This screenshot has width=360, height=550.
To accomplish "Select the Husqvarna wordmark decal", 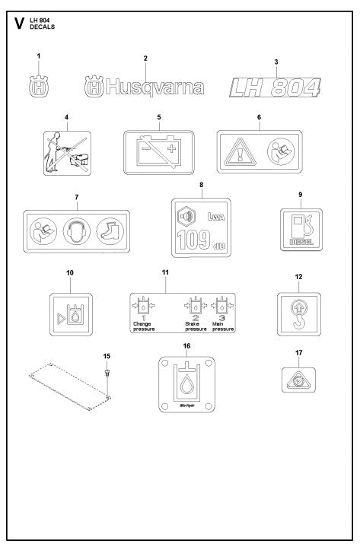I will [x=145, y=86].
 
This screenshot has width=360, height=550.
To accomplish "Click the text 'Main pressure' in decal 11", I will [x=223, y=327].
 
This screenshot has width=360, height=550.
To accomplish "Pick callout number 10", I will [x=69, y=272].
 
